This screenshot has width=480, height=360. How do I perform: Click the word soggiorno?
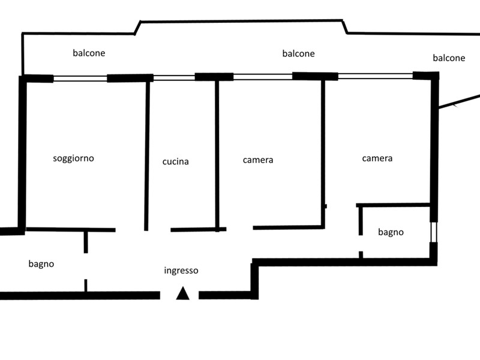(x=73, y=158)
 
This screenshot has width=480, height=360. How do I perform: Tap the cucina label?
(x=175, y=161)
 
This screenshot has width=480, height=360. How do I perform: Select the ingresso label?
(x=181, y=271)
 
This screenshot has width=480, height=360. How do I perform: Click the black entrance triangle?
(x=183, y=293)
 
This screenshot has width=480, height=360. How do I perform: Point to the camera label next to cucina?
(x=258, y=160)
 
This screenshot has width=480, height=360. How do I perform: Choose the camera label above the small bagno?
(x=377, y=158)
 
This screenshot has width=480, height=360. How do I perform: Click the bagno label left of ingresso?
(x=41, y=263)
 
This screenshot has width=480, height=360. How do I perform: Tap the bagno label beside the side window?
(x=391, y=232)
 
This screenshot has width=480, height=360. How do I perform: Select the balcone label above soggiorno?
(x=89, y=53)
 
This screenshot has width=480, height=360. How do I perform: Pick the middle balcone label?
(x=298, y=53)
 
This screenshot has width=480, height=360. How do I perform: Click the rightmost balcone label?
(x=449, y=58)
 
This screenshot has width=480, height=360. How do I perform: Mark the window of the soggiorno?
(x=80, y=78)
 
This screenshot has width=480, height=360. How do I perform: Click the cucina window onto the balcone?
(x=174, y=77)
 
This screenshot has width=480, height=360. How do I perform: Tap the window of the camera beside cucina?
(x=262, y=76)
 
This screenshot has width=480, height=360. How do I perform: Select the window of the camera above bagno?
(x=375, y=76)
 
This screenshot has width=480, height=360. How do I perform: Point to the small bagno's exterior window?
(x=434, y=232)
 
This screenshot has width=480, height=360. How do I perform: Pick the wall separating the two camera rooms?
(x=323, y=150)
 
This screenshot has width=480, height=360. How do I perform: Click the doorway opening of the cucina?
(x=159, y=229)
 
